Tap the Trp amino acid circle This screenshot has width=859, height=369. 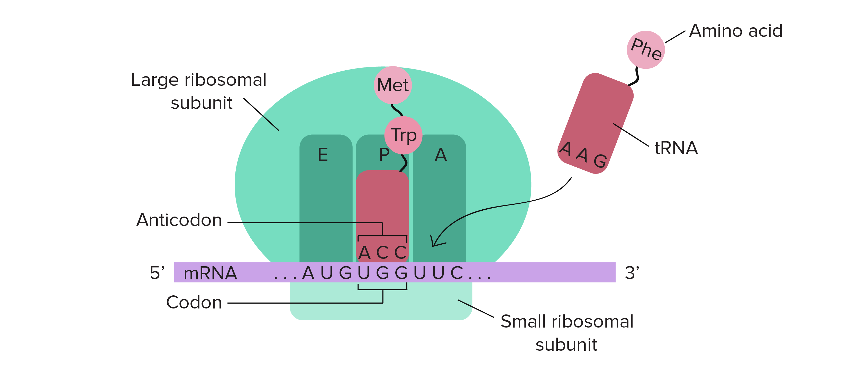[x=404, y=135]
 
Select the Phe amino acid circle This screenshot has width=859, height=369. [x=646, y=50]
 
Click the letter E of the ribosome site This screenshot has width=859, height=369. [x=323, y=155]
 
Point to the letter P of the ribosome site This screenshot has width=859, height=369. [x=384, y=155]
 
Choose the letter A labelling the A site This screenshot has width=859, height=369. [x=441, y=155]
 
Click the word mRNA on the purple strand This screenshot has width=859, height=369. [x=211, y=273]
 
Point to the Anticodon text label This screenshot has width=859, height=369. [x=179, y=220]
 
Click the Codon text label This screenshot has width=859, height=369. [x=194, y=303]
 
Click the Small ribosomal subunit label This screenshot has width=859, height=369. [x=567, y=333]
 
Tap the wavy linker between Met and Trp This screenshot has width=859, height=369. [x=397, y=110]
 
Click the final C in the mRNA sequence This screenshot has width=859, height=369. [x=456, y=273]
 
